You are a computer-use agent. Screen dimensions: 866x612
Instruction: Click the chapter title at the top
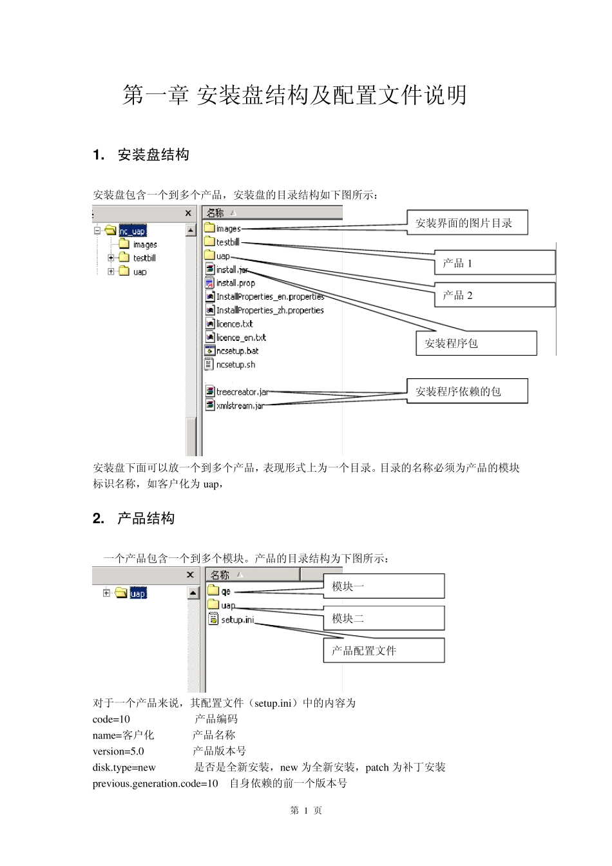pyautogui.click(x=294, y=95)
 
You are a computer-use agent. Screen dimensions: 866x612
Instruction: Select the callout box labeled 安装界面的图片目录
pyautogui.click(x=467, y=223)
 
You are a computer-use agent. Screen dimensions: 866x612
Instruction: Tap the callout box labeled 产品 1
pyautogui.click(x=494, y=263)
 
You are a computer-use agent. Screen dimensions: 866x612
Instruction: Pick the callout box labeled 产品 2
pyautogui.click(x=494, y=295)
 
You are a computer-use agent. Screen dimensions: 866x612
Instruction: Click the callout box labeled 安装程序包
pyautogui.click(x=476, y=343)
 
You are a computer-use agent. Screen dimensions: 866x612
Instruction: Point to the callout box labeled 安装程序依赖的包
pyautogui.click(x=467, y=391)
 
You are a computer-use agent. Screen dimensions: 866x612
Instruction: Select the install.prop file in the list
pyautogui.click(x=235, y=283)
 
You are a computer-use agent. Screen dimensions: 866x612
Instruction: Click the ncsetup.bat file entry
pyautogui.click(x=237, y=351)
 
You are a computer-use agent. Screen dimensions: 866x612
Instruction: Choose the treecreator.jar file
pyautogui.click(x=242, y=392)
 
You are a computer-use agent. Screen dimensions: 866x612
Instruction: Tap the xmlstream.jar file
pyautogui.click(x=240, y=406)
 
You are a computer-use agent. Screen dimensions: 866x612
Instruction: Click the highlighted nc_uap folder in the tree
pyautogui.click(x=133, y=231)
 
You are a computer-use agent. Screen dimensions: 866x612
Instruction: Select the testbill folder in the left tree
pyautogui.click(x=144, y=258)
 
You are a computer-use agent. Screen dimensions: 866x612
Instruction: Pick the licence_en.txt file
pyautogui.click(x=240, y=338)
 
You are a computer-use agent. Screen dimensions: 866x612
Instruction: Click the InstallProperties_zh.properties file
pyautogui.click(x=269, y=311)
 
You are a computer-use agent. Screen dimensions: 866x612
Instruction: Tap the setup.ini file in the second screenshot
pyautogui.click(x=237, y=620)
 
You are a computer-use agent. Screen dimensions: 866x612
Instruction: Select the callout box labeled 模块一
pyautogui.click(x=384, y=586)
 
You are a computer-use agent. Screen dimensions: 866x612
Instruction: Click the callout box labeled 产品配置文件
pyautogui.click(x=384, y=651)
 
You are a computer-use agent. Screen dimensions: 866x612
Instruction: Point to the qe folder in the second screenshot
pyautogui.click(x=225, y=592)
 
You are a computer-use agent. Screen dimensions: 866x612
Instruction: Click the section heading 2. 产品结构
pyautogui.click(x=134, y=519)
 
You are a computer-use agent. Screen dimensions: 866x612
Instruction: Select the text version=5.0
pyautogui.click(x=119, y=751)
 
